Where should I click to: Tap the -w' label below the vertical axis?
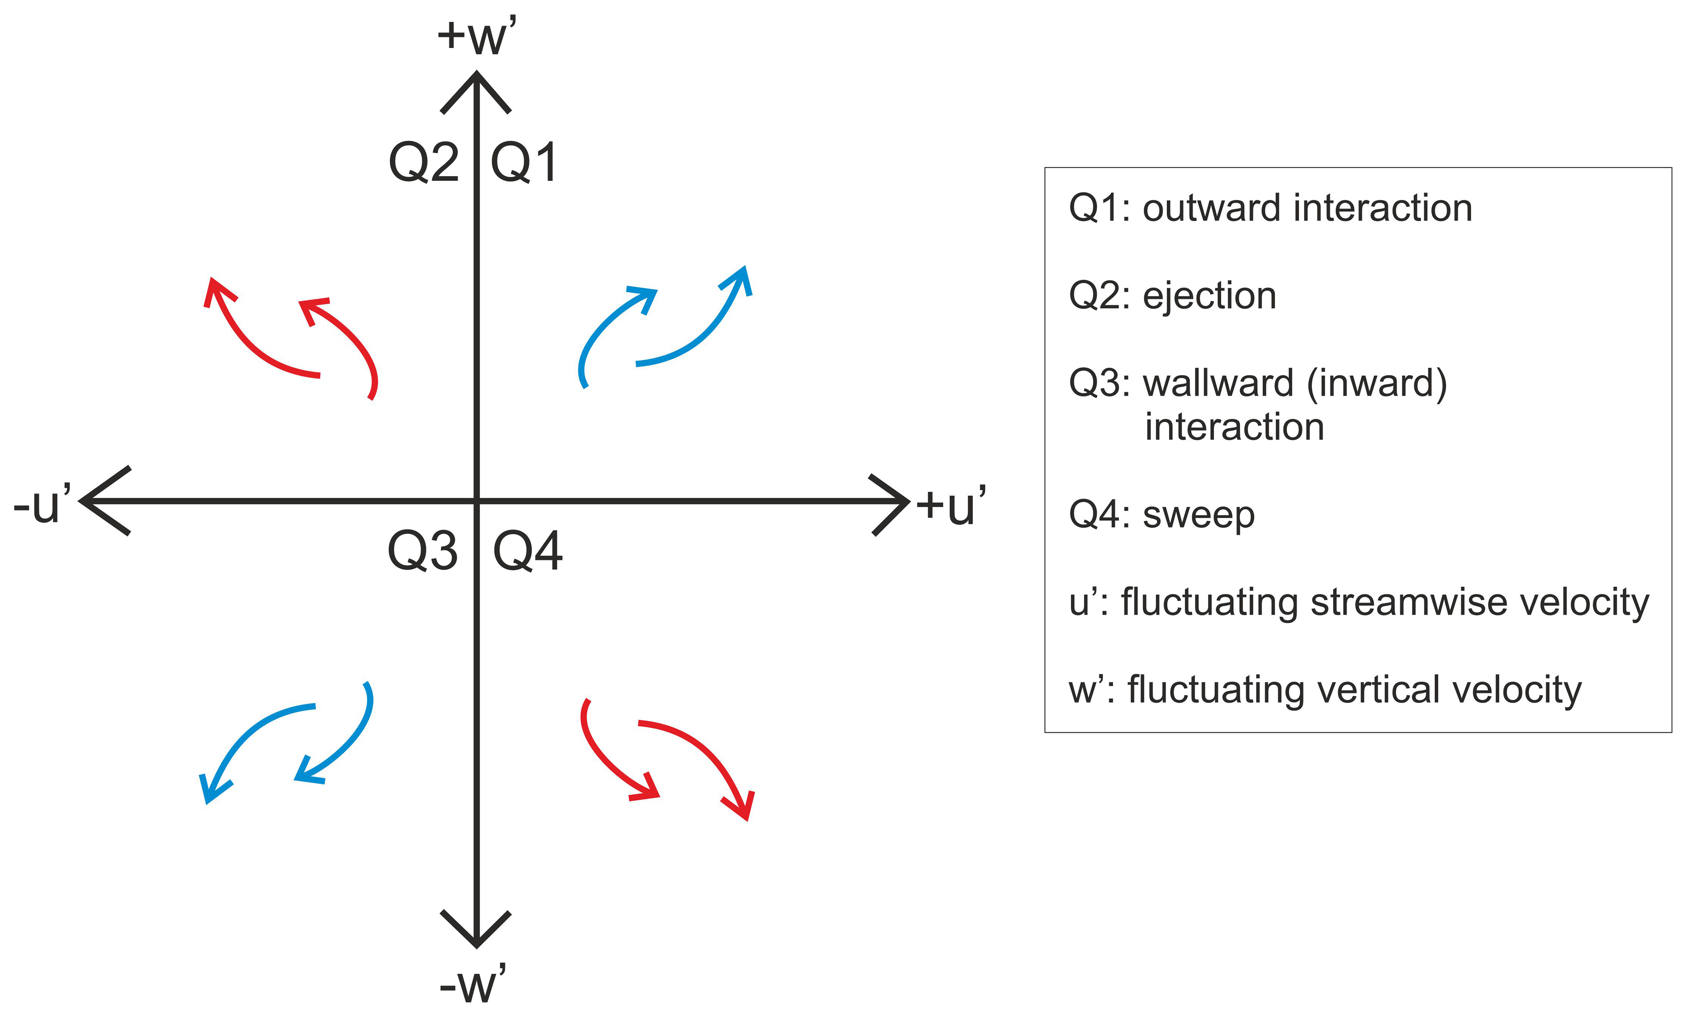point(473,985)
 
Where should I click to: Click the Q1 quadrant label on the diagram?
point(524,163)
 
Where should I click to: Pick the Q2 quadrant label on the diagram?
point(424,163)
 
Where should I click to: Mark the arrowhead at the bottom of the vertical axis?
point(476,933)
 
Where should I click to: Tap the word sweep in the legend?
point(1198,516)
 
